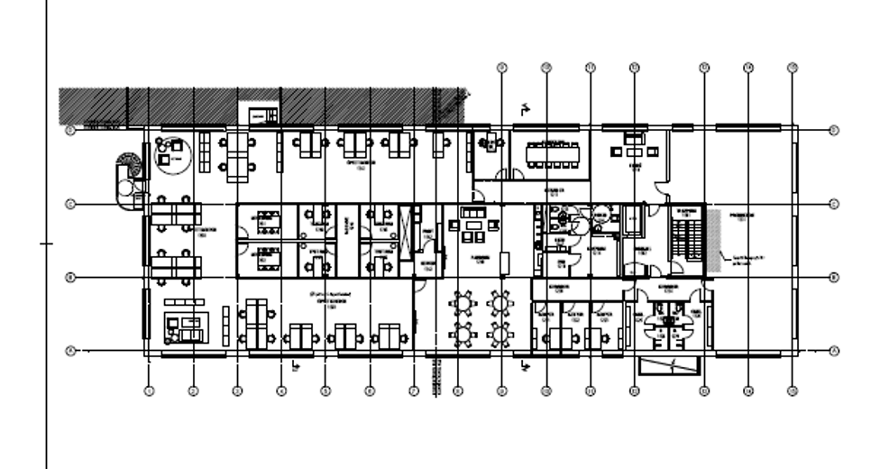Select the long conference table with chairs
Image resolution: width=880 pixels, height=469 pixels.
(550, 152)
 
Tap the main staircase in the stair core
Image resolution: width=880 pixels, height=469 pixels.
(688, 236)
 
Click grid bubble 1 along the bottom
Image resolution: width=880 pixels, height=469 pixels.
(150, 391)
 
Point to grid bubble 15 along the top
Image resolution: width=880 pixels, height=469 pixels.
(792, 67)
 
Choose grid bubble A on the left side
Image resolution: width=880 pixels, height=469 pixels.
(70, 350)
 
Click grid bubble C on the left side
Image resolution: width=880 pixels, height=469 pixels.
(70, 204)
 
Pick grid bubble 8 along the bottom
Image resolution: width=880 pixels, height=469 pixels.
(458, 391)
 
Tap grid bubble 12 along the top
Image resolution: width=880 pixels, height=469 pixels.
(634, 67)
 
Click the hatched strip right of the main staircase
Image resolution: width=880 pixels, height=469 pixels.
(713, 241)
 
